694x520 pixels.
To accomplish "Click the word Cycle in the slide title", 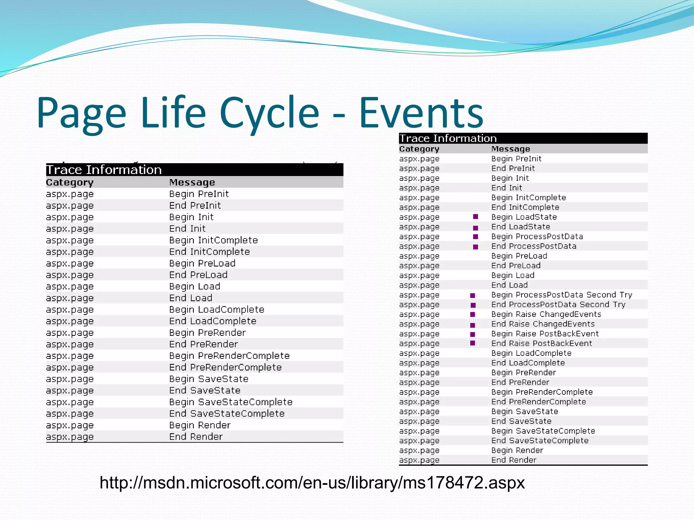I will point(269,113).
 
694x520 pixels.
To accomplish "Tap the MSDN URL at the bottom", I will point(312,482).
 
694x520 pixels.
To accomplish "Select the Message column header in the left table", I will point(192,182).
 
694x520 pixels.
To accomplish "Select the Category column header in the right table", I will point(419,149).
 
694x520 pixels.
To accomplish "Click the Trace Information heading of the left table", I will point(104,170).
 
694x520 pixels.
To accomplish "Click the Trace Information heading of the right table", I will point(448,138).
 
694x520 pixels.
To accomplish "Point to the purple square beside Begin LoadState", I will point(475,217).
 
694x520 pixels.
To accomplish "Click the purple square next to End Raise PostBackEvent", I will point(473,343).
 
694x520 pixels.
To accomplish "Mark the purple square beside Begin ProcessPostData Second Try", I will point(473,295).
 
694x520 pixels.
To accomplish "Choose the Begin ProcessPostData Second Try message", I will point(562,295).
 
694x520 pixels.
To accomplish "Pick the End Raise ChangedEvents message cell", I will point(543,324).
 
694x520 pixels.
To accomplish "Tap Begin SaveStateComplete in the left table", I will point(231,402).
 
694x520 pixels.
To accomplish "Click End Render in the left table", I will point(196,437).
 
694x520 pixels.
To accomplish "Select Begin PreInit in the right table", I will point(516,159).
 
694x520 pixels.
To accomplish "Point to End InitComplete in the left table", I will point(209,252).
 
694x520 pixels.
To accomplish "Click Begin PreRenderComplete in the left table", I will point(229,356).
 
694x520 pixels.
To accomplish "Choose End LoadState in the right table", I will point(520,227).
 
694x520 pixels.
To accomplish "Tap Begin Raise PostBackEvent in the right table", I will point(545,334).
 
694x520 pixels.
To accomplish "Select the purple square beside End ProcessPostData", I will point(475,247).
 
